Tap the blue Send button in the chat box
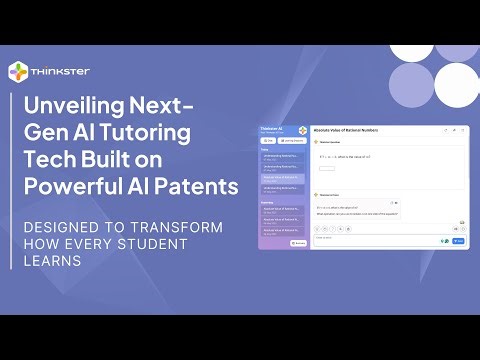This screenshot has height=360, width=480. [x=459, y=241]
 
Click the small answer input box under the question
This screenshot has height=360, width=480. [x=327, y=168]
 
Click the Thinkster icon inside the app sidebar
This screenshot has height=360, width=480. [x=301, y=132]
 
